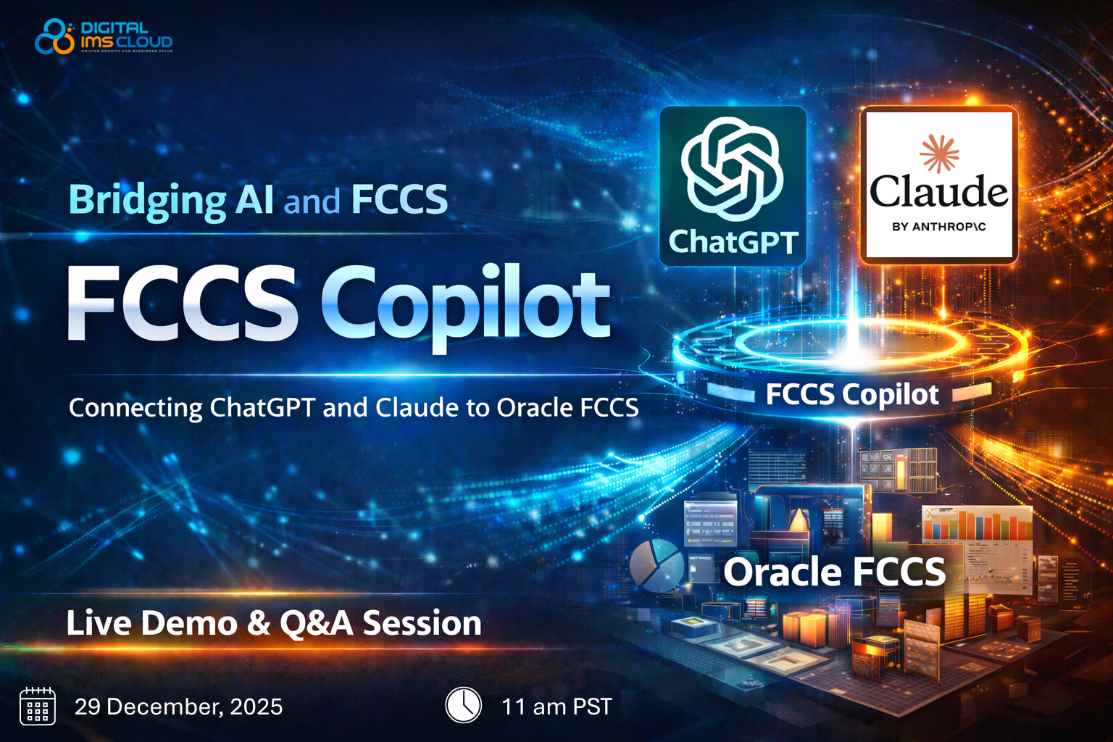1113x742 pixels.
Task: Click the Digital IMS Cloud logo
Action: click(x=104, y=36)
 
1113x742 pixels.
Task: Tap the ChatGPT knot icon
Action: click(x=732, y=169)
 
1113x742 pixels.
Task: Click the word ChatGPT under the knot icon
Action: click(x=733, y=242)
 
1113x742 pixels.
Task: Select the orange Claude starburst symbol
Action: click(x=939, y=153)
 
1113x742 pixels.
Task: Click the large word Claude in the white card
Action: click(x=938, y=191)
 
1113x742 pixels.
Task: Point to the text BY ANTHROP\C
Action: click(x=938, y=227)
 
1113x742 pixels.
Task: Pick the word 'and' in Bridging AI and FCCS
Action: click(x=312, y=201)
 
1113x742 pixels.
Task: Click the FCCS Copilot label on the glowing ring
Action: click(x=852, y=394)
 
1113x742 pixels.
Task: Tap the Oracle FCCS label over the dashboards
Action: click(x=834, y=572)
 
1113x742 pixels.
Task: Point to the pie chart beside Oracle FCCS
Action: click(x=656, y=564)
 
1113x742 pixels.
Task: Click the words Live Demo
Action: click(x=151, y=623)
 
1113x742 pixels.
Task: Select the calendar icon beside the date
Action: click(x=38, y=706)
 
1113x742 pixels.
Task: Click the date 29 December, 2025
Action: click(x=178, y=706)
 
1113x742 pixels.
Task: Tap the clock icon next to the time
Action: click(x=463, y=705)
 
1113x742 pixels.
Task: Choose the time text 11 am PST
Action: click(x=556, y=706)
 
